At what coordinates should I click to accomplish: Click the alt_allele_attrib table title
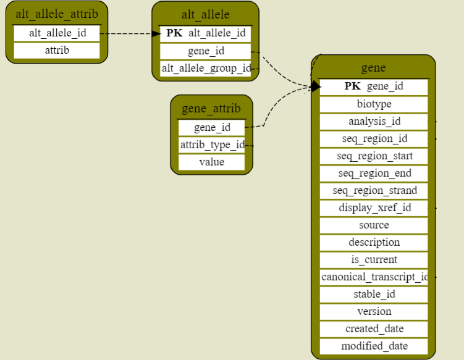point(57,14)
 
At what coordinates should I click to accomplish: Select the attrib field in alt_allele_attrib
point(57,51)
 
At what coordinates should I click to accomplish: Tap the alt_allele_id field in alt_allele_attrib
point(57,33)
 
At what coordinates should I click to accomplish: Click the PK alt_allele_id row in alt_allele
point(205,33)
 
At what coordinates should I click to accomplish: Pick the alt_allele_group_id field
point(205,68)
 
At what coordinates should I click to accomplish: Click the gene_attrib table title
point(211,109)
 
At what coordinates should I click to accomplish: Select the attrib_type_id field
point(211,145)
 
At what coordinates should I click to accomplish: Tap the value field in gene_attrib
point(211,162)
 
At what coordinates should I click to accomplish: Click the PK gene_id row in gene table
point(374,86)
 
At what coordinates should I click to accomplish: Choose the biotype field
point(374,104)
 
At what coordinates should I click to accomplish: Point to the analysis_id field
point(374,121)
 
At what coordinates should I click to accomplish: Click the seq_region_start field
point(374,156)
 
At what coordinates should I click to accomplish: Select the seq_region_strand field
point(374,190)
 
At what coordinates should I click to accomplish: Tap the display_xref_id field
point(374,207)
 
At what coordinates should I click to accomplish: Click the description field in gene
point(374,242)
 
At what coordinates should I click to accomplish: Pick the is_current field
point(374,259)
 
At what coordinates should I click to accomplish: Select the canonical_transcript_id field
point(374,277)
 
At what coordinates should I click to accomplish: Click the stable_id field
point(374,294)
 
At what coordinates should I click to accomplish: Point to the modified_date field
point(374,346)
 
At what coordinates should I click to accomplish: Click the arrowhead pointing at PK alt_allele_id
point(156,33)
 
